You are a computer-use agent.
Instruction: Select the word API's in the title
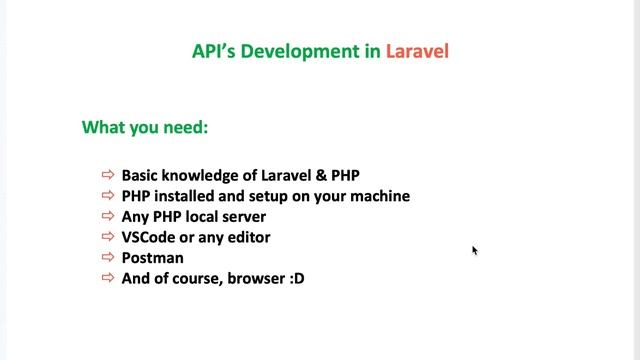(214, 51)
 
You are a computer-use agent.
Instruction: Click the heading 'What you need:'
(144, 128)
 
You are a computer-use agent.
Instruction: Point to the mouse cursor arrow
(475, 250)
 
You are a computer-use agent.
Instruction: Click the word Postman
(152, 258)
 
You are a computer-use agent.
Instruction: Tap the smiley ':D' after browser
(296, 279)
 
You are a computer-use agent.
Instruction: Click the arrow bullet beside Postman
(109, 258)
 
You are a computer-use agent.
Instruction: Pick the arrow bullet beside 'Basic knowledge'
(109, 175)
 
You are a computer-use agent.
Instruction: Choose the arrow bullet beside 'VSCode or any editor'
(109, 237)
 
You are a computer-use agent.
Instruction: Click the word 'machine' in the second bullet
(381, 196)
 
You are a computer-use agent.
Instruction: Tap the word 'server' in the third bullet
(245, 217)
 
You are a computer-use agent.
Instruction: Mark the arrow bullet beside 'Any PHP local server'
(109, 217)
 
